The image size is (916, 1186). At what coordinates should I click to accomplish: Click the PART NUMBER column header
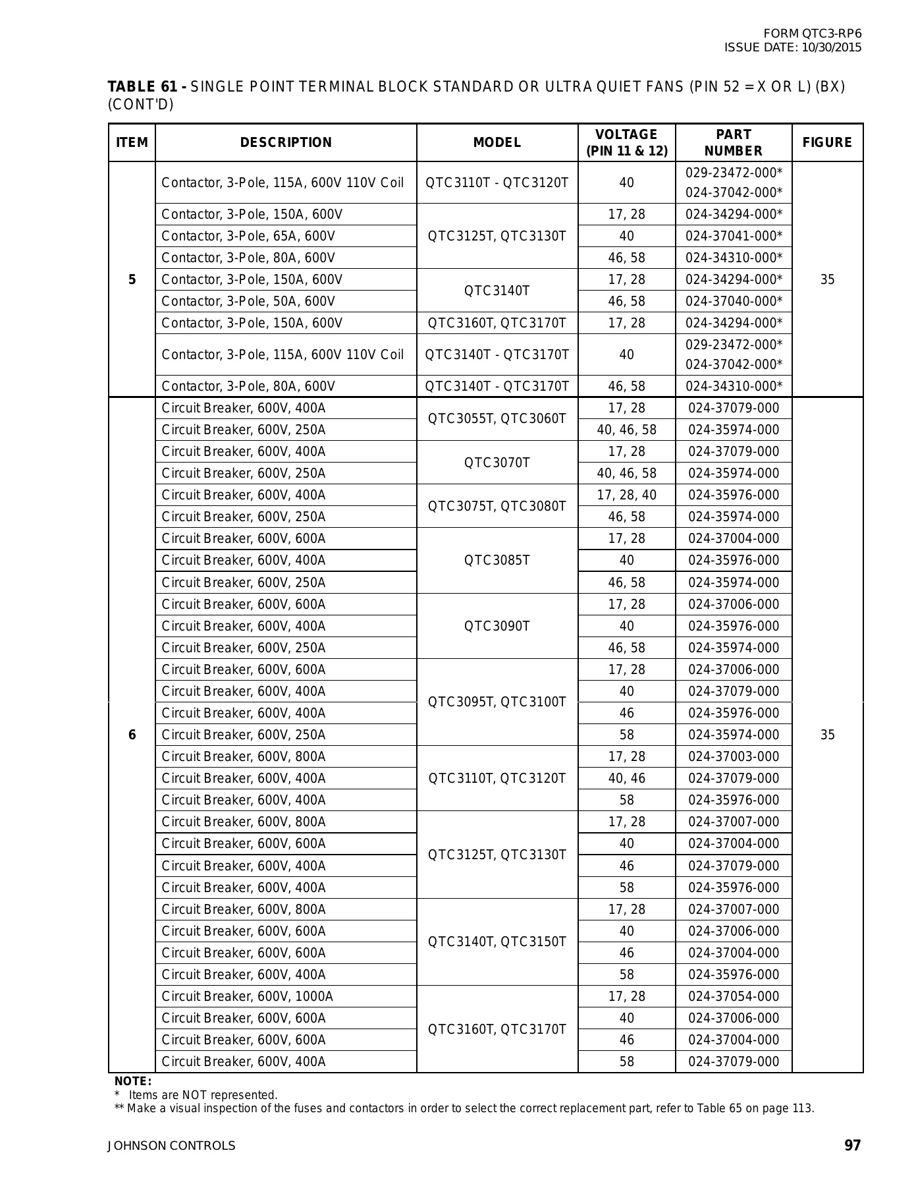[x=733, y=142]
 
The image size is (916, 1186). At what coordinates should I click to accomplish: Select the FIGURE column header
[x=827, y=142]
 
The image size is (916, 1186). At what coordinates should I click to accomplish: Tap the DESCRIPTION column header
[x=286, y=142]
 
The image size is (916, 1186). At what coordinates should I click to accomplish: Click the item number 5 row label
[x=132, y=279]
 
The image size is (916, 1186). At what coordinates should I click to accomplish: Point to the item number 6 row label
[x=132, y=735]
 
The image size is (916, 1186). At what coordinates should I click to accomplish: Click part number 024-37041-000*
[x=734, y=236]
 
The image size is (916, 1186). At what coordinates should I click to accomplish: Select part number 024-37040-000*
[x=734, y=301]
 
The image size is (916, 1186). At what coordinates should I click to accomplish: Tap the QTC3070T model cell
[x=497, y=463]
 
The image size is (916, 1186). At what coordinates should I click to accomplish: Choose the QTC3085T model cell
[x=497, y=560]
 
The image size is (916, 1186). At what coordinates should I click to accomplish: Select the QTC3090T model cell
[x=497, y=626]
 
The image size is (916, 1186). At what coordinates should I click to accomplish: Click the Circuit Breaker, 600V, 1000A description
[x=247, y=996]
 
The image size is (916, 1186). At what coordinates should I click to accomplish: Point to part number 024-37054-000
[x=734, y=996]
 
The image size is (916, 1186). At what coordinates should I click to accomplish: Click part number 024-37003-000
[x=734, y=756]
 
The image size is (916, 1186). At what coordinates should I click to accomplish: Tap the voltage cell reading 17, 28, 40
[x=626, y=495]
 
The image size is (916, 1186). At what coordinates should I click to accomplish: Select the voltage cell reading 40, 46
[x=626, y=778]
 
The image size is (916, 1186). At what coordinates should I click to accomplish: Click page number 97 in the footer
[x=852, y=1145]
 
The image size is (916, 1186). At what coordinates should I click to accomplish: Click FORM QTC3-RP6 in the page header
[x=812, y=34]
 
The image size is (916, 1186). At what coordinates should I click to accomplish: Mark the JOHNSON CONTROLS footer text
[x=171, y=1146]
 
